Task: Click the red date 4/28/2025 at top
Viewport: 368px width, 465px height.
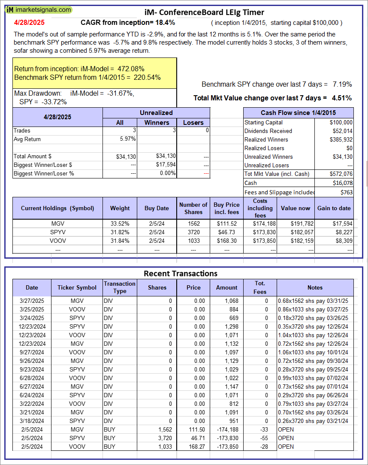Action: [x=29, y=22]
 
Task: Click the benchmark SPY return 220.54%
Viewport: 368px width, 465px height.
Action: [x=146, y=77]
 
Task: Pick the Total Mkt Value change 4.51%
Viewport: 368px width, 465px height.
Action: [x=343, y=98]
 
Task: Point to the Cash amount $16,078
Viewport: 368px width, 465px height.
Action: [x=342, y=183]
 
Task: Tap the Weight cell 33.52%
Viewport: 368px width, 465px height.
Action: [x=120, y=223]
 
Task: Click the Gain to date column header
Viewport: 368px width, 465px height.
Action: [x=334, y=208]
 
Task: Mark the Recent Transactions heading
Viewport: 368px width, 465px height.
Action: [x=181, y=273]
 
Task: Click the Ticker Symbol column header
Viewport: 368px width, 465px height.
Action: [x=77, y=287]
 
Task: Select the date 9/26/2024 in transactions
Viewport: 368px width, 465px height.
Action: [x=32, y=361]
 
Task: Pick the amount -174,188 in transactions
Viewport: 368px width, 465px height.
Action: [x=226, y=429]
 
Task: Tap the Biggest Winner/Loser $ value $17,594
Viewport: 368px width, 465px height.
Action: [x=166, y=165]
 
